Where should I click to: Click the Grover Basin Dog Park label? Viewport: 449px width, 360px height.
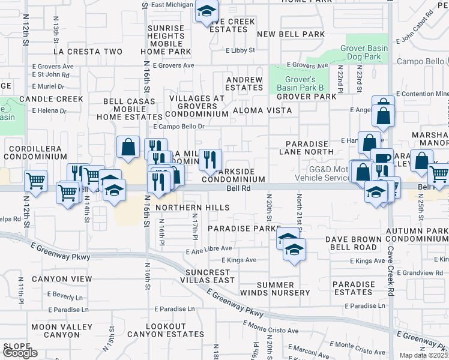(x=361, y=52)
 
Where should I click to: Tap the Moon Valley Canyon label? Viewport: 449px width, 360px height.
(x=55, y=331)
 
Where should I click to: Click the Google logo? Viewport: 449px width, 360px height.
(x=20, y=353)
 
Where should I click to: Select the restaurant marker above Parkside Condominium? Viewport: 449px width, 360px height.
(x=210, y=159)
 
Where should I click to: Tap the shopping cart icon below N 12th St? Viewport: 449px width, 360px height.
(x=36, y=179)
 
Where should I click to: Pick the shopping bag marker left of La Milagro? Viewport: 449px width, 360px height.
(x=128, y=146)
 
